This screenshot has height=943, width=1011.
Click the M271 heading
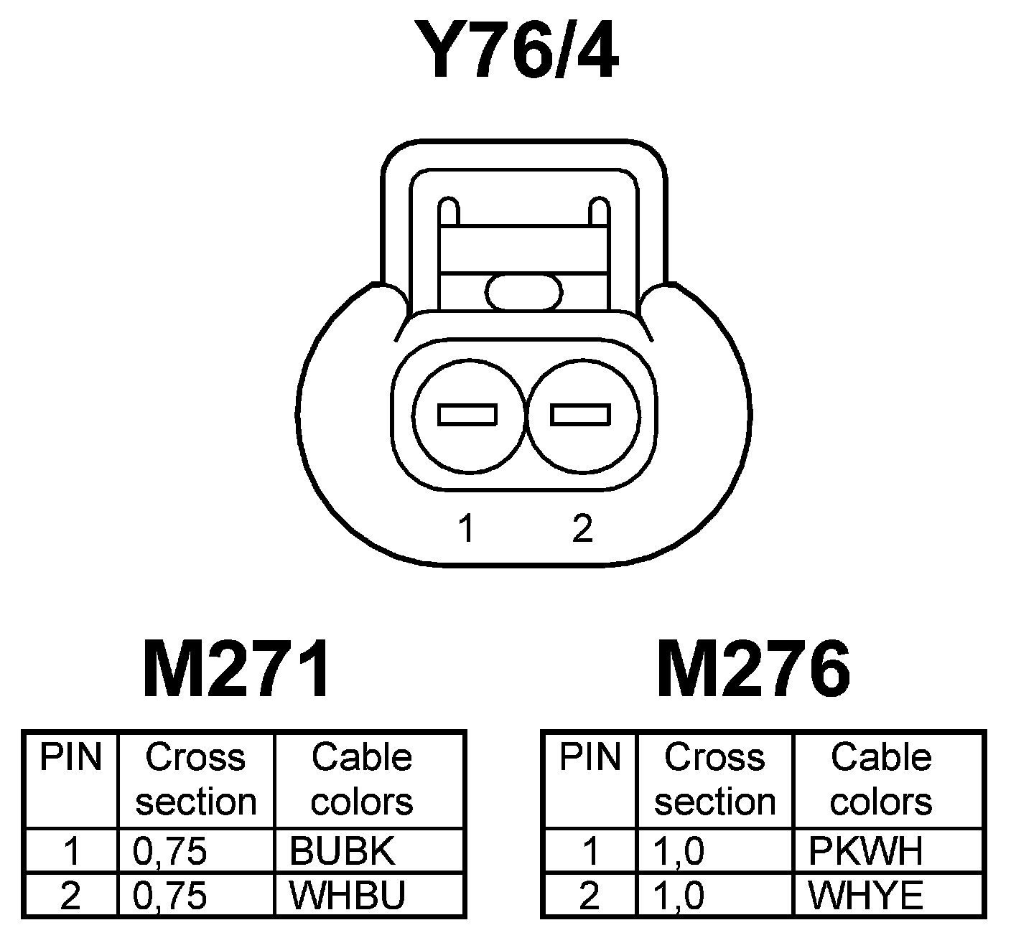click(x=238, y=670)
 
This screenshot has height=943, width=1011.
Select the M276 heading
click(x=754, y=670)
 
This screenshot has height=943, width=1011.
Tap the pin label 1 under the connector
click(x=467, y=529)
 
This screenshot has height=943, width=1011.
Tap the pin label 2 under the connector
click(x=582, y=529)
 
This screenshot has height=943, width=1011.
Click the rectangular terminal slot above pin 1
click(x=467, y=415)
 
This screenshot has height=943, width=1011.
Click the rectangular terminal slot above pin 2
click(x=581, y=415)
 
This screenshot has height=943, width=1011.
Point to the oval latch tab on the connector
click(x=524, y=292)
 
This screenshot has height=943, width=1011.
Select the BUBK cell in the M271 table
click(x=343, y=851)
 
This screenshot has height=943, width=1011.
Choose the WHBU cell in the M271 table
click(x=348, y=895)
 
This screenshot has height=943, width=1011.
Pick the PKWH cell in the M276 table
click(x=865, y=851)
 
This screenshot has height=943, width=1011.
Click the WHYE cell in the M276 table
click(x=865, y=895)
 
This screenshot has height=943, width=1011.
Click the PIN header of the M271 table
click(x=70, y=758)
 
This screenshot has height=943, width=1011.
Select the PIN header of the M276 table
click(x=590, y=758)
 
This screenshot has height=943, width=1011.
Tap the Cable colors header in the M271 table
click(x=362, y=779)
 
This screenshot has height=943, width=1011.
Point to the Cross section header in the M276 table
click(x=714, y=779)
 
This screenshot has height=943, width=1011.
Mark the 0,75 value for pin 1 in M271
click(x=170, y=851)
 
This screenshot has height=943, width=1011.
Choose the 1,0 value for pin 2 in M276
click(x=679, y=895)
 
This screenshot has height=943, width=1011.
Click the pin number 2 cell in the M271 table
click(x=70, y=895)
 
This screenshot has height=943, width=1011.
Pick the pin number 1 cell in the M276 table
click(x=590, y=851)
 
